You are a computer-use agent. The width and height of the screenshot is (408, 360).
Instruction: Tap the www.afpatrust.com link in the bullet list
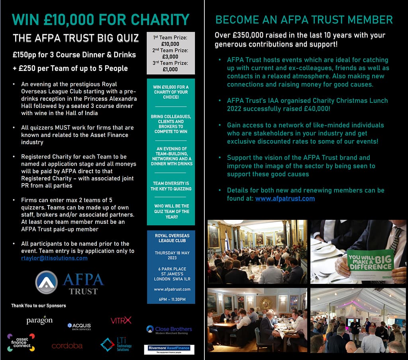285,198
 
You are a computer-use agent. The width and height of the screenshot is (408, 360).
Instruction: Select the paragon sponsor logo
39,320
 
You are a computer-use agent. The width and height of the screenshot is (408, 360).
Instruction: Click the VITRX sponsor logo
121,320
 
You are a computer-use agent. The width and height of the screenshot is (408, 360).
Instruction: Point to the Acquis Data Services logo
79,326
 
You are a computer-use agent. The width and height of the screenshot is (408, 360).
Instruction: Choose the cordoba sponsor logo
67,346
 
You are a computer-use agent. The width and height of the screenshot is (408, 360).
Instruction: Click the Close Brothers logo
169,329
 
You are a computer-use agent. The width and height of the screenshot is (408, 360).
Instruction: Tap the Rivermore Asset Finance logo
169,349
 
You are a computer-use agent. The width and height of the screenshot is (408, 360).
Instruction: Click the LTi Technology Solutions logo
116,344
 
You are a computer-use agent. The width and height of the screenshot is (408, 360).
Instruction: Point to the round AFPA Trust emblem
47,282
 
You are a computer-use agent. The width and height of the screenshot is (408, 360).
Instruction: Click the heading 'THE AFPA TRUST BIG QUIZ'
76,38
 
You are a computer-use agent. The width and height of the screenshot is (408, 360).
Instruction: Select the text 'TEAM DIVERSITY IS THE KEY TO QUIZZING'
171,186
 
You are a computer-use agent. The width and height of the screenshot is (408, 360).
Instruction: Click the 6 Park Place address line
171,269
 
